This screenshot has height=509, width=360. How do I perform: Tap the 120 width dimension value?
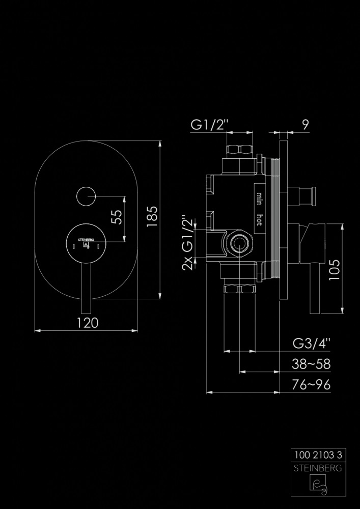click(x=87, y=322)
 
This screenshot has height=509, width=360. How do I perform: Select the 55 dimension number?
click(x=117, y=217)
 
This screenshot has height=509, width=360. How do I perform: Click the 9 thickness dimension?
click(x=304, y=124)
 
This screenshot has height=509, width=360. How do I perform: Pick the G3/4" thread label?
click(x=312, y=343)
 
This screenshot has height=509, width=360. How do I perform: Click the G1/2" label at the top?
click(x=210, y=124)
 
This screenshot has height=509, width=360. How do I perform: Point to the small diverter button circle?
click(x=85, y=195)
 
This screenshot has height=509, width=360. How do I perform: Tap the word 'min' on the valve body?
click(x=259, y=197)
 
